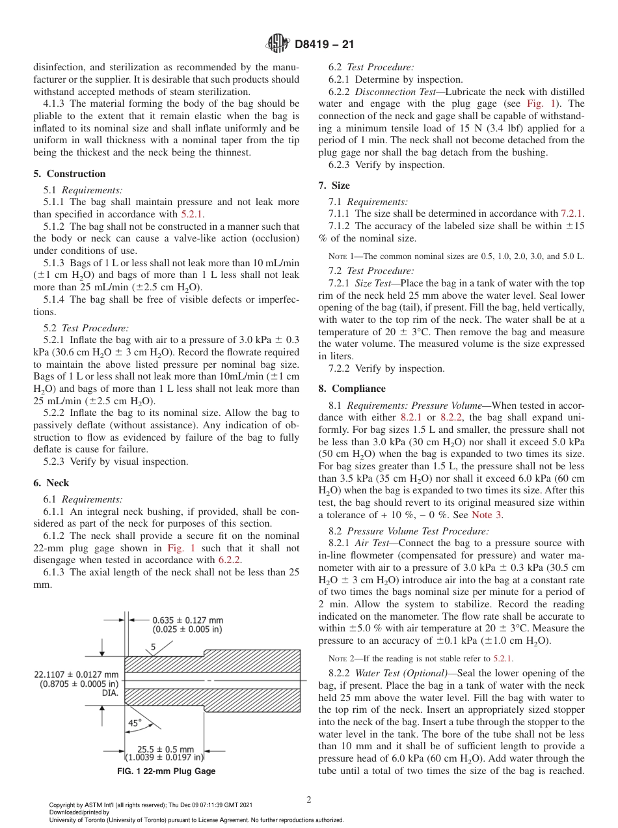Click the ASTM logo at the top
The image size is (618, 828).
(278, 44)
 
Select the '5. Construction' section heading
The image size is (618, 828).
(70, 174)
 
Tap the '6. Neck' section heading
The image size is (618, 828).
(51, 483)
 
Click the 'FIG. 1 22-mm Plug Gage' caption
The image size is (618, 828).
(166, 771)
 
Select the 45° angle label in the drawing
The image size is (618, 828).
(135, 723)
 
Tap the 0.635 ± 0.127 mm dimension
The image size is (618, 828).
(187, 620)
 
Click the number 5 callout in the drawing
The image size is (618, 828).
(154, 646)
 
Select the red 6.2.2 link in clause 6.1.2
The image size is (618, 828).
(230, 560)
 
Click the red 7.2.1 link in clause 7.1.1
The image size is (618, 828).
(572, 214)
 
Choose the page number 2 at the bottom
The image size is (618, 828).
(309, 800)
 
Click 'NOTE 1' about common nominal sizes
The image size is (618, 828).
(341, 256)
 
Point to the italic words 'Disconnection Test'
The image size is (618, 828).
(392, 92)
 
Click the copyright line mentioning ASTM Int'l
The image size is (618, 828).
(150, 805)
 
